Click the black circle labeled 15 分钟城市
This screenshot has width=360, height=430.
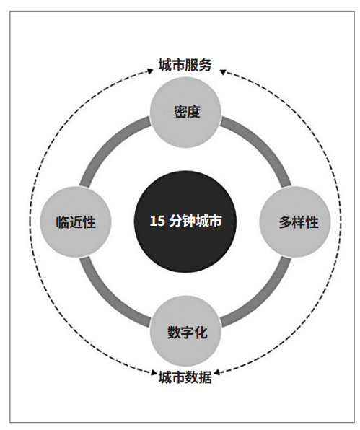pyautogui.click(x=185, y=221)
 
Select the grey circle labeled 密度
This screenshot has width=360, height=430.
pyautogui.click(x=185, y=113)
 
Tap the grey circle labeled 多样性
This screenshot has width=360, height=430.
pyautogui.click(x=295, y=222)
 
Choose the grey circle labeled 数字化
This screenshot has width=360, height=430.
pyautogui.click(x=185, y=331)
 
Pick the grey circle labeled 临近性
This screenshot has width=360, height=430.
pyautogui.click(x=76, y=222)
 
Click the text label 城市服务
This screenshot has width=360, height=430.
pyautogui.click(x=185, y=65)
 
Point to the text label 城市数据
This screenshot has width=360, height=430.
pyautogui.click(x=185, y=377)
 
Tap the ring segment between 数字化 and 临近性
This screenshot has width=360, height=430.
pyautogui.click(x=110, y=298)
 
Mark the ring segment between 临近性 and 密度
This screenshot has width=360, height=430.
pyautogui.click(x=110, y=146)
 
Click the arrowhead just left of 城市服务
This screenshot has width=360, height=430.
pyautogui.click(x=150, y=71)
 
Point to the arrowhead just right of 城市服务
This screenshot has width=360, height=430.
pyautogui.click(x=223, y=72)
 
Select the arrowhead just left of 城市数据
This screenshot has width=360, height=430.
pyautogui.click(x=154, y=372)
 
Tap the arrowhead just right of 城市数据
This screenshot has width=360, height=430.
pyautogui.click(x=217, y=373)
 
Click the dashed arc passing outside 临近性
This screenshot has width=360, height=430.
pyautogui.click(x=30, y=222)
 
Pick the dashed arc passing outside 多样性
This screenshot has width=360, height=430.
pyautogui.click(x=341, y=222)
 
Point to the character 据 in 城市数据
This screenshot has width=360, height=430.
pyautogui.click(x=206, y=377)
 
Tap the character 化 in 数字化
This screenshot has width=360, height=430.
pyautogui.click(x=201, y=333)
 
